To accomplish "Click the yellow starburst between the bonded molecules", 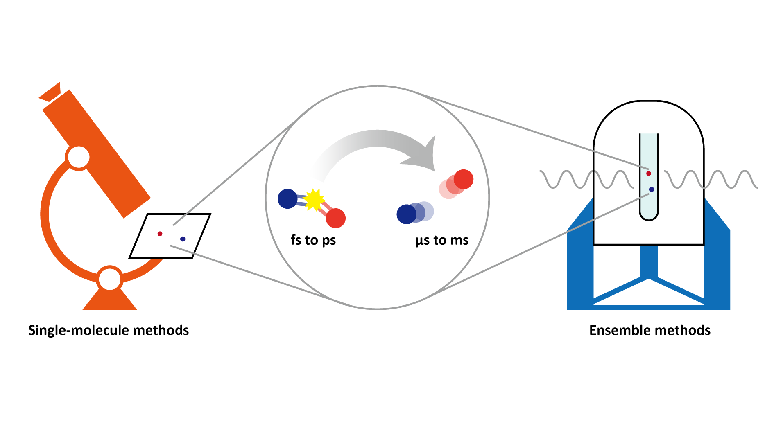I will coord(314,200).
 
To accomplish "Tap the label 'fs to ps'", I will coord(313,240).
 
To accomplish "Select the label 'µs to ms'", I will coord(442,240).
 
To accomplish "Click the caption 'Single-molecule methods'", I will coord(109,330).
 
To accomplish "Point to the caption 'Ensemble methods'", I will coord(650,330).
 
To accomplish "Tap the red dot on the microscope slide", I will coord(160,234).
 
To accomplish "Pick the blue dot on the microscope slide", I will coord(183,239).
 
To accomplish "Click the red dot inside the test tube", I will coord(648,174).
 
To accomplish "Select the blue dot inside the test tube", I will coord(652,189).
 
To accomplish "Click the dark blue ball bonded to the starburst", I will coord(287,199).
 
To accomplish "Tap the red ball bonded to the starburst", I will coord(336,218).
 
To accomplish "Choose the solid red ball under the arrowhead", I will coord(464,179).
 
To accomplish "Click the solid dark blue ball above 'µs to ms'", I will coord(406,214).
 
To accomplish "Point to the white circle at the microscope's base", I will coord(109,279).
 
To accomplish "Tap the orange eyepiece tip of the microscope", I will coord(50,92).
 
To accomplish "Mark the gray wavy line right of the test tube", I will coord(711,179).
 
